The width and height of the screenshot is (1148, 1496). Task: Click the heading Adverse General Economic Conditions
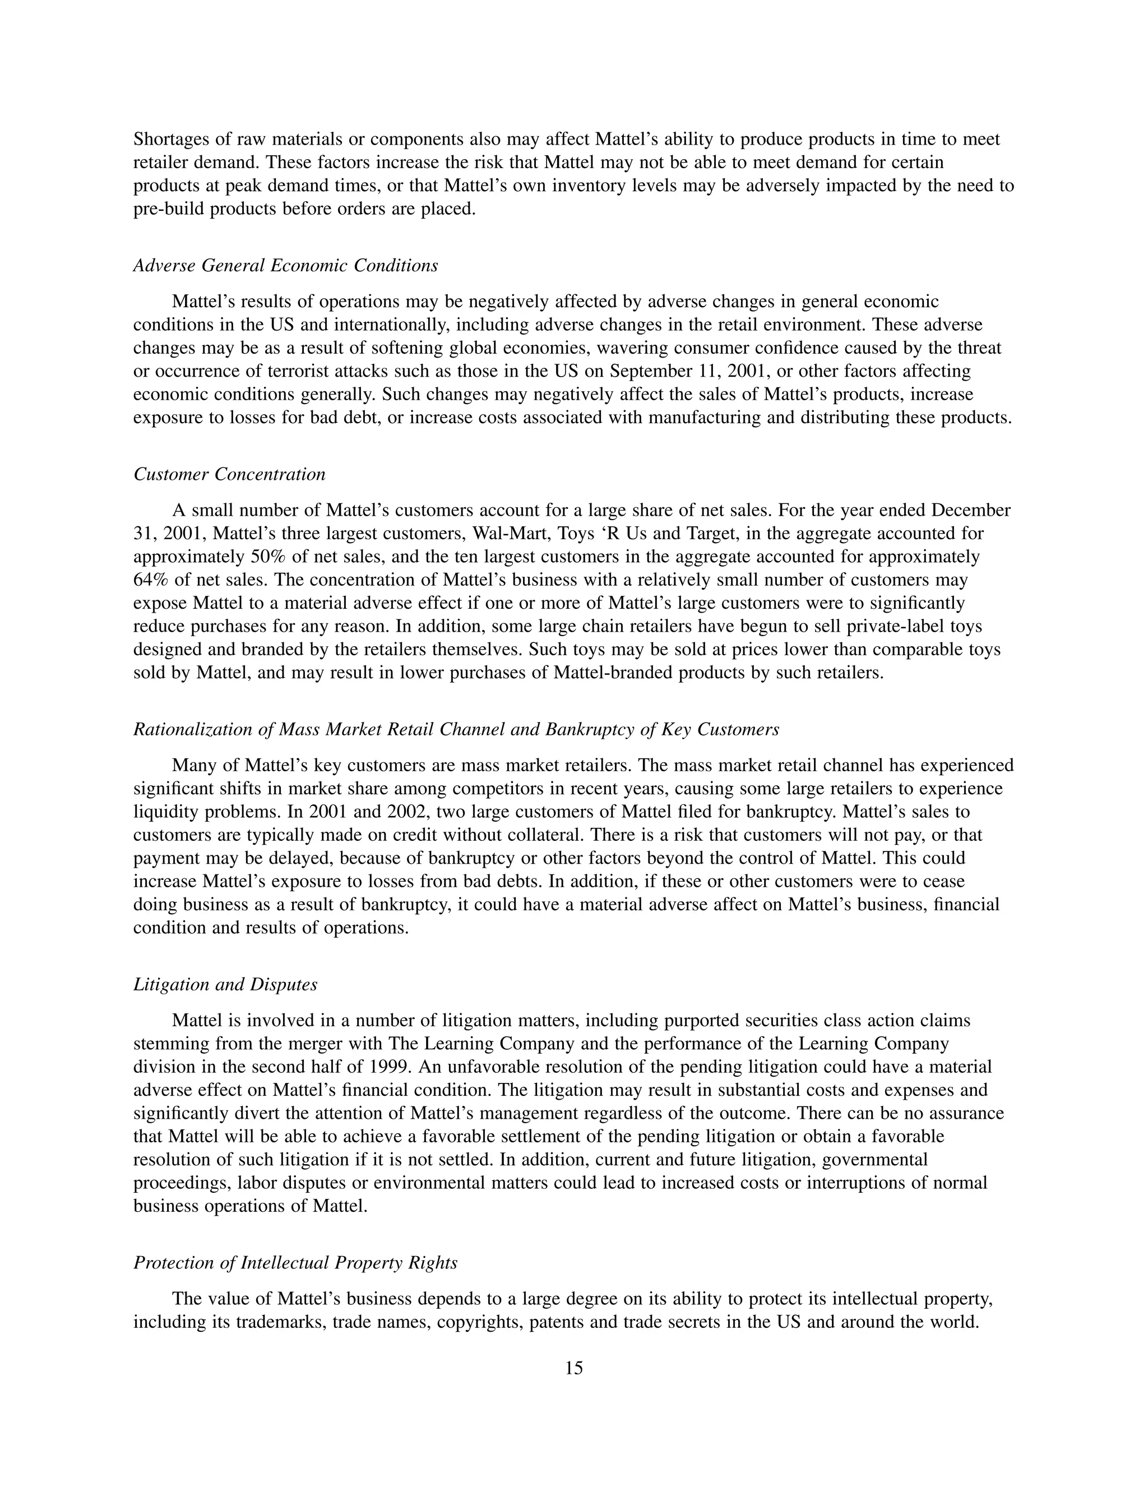coord(286,266)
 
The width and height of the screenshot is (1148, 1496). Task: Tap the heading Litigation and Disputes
coord(225,984)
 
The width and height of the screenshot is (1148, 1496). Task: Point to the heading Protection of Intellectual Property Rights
coord(295,1262)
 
